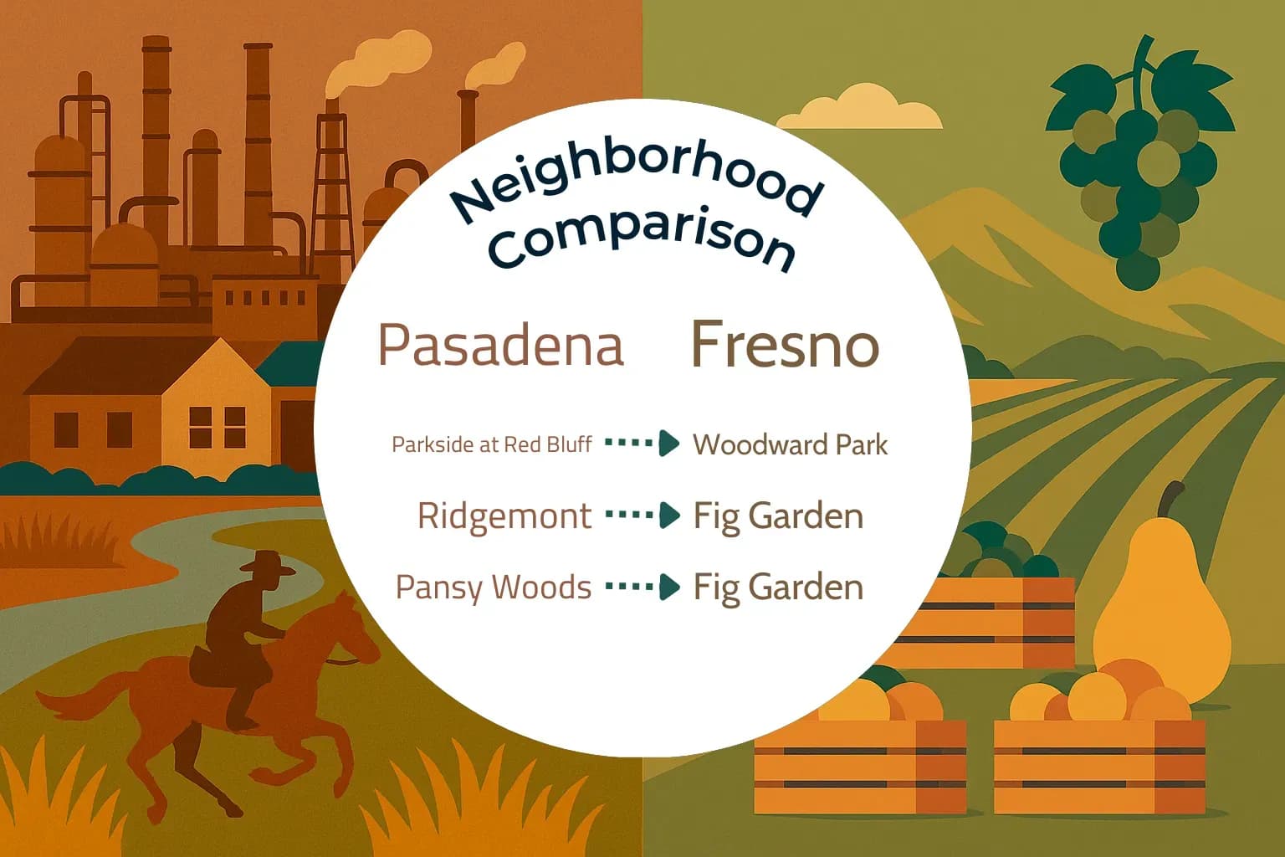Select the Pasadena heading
(501, 345)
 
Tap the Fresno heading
(785, 344)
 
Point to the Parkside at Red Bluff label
(492, 444)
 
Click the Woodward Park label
(790, 444)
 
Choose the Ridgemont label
(504, 516)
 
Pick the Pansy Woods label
(494, 588)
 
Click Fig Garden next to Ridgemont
(778, 516)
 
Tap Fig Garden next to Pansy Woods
(778, 588)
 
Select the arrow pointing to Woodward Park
(642, 443)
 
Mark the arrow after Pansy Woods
(642, 587)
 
